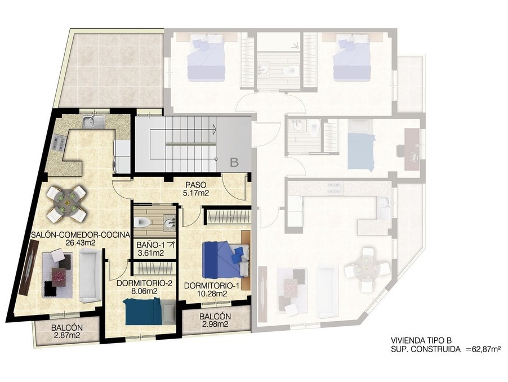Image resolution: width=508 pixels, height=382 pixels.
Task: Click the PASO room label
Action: coord(195,185)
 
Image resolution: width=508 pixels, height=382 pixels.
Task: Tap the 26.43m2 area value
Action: coord(80,243)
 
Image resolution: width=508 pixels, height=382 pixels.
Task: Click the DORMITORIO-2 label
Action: coord(144,283)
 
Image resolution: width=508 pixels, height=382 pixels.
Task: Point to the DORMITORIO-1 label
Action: coord(212,286)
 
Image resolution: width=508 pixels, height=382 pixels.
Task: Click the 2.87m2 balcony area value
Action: coord(66,336)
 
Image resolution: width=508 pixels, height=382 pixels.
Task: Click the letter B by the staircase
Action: coord(234,162)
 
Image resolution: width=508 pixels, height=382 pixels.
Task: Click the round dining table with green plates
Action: coord(67,203)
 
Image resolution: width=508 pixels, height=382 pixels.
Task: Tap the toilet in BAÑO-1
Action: coord(142,222)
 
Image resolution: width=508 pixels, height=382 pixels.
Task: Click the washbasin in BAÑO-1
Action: coord(170,223)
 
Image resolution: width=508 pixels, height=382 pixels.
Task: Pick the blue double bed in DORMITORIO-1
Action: coord(225,260)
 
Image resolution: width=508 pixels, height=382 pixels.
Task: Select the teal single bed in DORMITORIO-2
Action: coord(150,312)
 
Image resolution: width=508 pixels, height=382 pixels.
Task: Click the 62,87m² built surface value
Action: coord(484,349)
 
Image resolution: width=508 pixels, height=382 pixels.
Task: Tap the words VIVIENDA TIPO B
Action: coord(421,340)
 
